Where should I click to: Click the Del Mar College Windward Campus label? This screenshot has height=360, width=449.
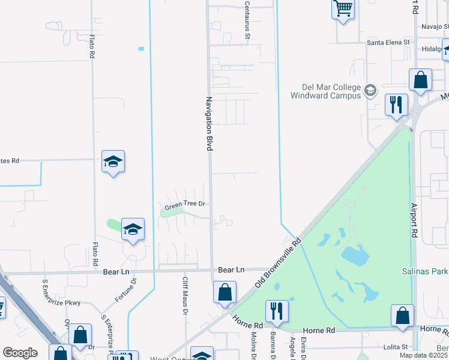[x=326, y=90]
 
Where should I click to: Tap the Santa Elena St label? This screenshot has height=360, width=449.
[x=388, y=43]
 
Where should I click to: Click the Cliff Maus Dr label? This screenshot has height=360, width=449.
[x=185, y=296]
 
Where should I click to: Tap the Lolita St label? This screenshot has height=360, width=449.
[x=396, y=347]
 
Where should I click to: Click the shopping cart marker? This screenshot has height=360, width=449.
[x=343, y=9]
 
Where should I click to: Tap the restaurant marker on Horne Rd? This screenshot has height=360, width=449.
[x=276, y=311]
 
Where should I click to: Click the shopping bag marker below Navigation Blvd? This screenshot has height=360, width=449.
[x=224, y=293]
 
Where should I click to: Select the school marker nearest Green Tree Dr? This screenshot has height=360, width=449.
[x=133, y=230]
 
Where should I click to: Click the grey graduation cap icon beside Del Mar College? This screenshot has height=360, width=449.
[x=370, y=91]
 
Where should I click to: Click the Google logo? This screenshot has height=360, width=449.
[x=20, y=353]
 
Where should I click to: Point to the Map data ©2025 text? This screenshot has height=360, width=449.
[x=424, y=355]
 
